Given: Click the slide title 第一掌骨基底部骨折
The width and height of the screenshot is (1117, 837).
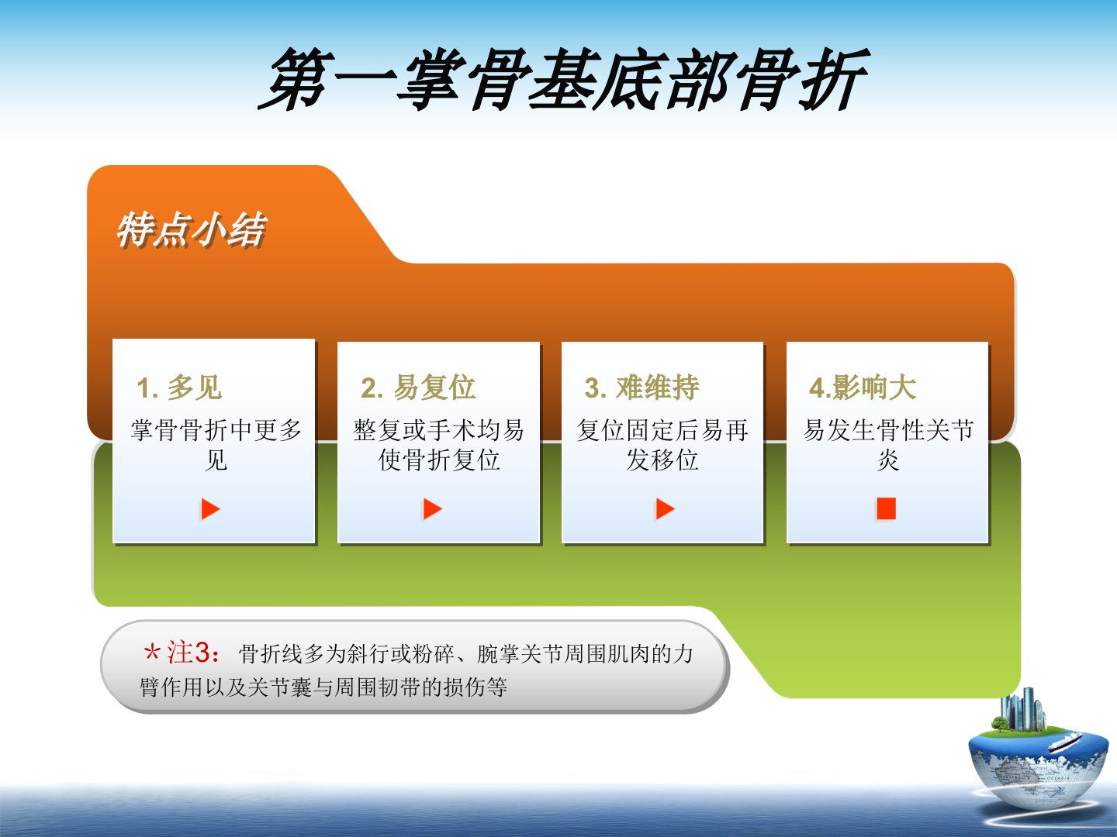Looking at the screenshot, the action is [563, 79].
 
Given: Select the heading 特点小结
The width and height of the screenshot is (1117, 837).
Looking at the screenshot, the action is [192, 229].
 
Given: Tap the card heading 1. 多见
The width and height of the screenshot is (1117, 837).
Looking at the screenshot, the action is [179, 387].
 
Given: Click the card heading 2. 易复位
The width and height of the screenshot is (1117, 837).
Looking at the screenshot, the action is [418, 387].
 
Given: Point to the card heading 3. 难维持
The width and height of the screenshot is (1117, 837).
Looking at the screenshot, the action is [641, 387].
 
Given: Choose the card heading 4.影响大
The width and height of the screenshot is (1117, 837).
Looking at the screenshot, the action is [863, 387].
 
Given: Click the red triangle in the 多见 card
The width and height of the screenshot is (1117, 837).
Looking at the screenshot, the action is [210, 508].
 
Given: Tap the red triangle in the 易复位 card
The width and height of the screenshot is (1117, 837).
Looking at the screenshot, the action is [433, 508].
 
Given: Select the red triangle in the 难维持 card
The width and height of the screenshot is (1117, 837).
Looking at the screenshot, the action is [665, 508].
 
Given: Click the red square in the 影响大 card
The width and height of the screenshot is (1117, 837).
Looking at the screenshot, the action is [886, 508].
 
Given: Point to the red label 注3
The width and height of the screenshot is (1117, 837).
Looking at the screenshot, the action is [188, 652].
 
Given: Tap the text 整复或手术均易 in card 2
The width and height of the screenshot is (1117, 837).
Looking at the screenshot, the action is [438, 430].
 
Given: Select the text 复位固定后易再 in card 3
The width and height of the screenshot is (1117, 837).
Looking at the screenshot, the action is [662, 430].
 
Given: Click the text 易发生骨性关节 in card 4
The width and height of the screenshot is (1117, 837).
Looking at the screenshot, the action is [888, 430].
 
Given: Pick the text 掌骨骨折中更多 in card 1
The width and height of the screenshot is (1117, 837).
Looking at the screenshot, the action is [216, 430].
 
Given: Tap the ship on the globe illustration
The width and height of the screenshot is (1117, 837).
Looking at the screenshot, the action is [1064, 742].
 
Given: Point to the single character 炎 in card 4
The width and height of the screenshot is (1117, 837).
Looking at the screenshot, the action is [888, 460].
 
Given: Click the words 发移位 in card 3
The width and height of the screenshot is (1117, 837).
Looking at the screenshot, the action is [662, 460].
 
